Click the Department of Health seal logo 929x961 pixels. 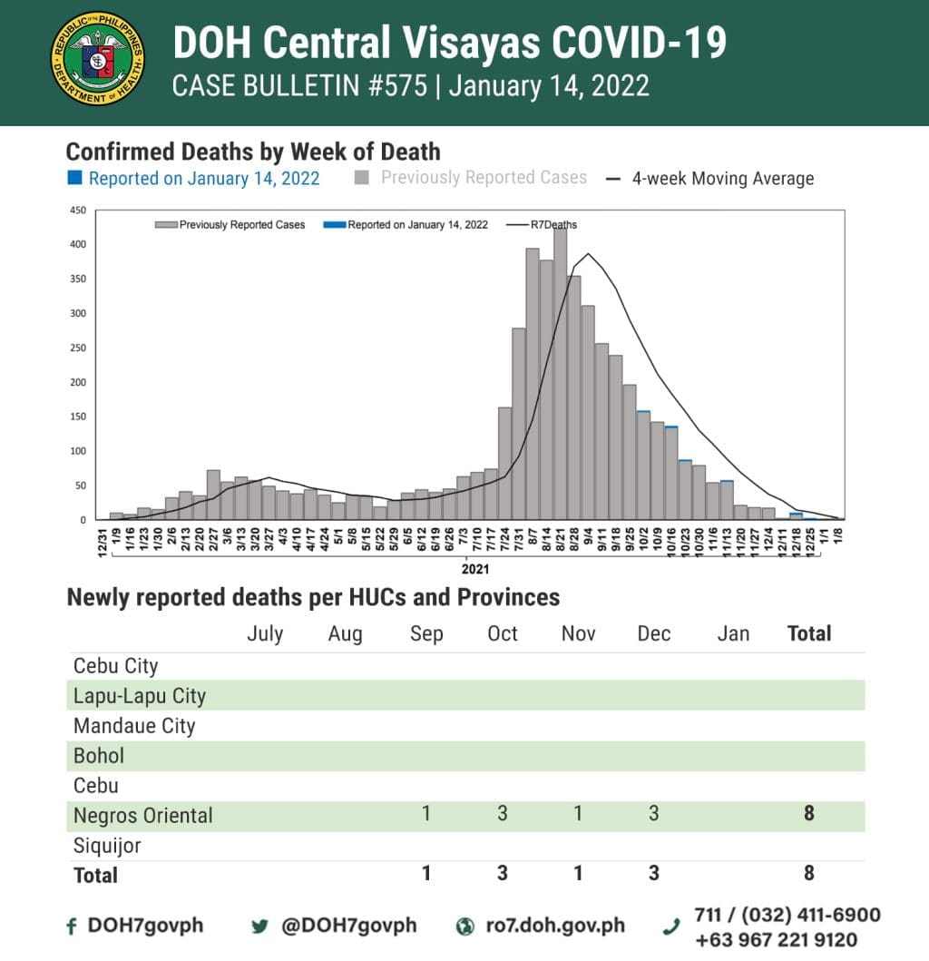[97, 59]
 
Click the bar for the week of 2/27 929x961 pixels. [213, 495]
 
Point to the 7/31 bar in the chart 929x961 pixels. [519, 424]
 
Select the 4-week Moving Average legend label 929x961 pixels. [722, 179]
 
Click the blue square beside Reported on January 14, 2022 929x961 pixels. [75, 178]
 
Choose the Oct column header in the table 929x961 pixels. [503, 633]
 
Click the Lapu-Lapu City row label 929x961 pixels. [140, 696]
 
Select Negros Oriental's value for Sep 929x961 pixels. [426, 813]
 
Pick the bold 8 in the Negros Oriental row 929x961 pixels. [808, 813]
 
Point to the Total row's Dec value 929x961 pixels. [654, 873]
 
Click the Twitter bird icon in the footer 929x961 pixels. [260, 927]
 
